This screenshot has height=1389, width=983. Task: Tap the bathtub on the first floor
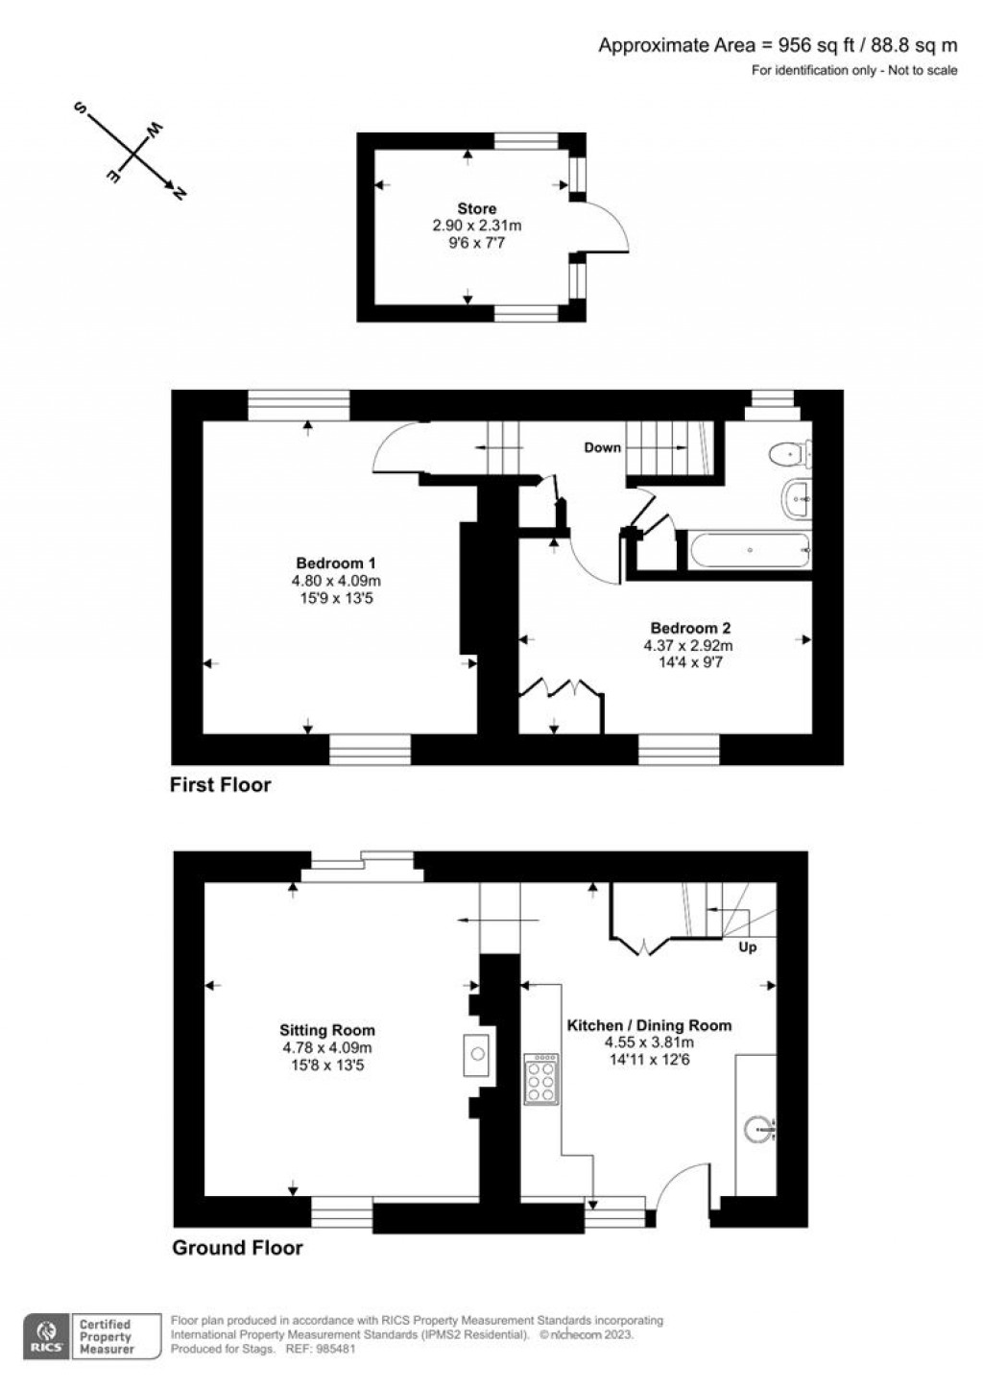pyautogui.click(x=750, y=550)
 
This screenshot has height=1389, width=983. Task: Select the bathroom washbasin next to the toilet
pyautogui.click(x=796, y=498)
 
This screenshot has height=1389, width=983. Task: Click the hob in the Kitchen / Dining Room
pyautogui.click(x=541, y=1079)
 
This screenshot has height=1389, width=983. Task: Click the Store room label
pyautogui.click(x=476, y=208)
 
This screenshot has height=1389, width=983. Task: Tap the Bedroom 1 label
pyautogui.click(x=336, y=563)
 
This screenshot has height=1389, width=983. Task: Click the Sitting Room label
pyautogui.click(x=326, y=1030)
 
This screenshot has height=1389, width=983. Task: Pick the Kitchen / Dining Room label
pyautogui.click(x=649, y=1025)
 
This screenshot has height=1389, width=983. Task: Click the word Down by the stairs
pyautogui.click(x=602, y=447)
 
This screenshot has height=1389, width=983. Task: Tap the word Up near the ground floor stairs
pyautogui.click(x=747, y=947)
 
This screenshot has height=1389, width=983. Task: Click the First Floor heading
pyautogui.click(x=220, y=784)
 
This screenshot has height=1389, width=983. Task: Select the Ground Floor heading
pyautogui.click(x=237, y=1247)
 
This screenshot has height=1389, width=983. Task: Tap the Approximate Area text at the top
pyautogui.click(x=778, y=45)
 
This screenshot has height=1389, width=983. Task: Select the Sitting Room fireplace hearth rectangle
pyautogui.click(x=476, y=1054)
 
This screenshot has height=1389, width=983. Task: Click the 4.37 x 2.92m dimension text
pyautogui.click(x=688, y=645)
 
